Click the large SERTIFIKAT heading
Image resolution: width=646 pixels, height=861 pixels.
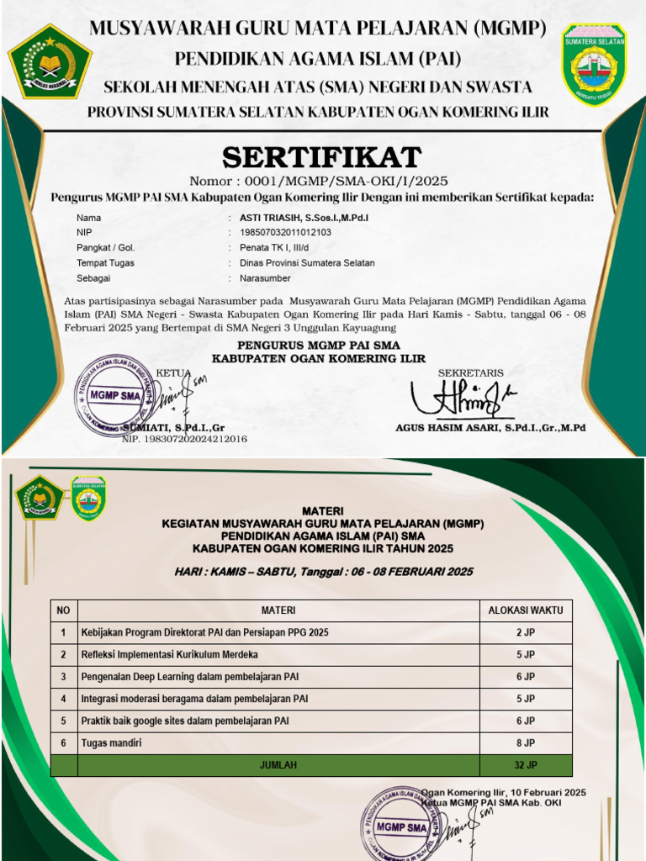click(321, 157)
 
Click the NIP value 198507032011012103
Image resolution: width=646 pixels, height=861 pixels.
click(285, 233)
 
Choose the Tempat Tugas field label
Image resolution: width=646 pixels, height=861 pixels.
click(105, 263)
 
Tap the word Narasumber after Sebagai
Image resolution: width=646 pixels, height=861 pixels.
click(265, 278)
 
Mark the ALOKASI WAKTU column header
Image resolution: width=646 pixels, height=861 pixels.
click(526, 610)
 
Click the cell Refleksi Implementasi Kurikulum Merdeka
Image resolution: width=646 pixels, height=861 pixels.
click(170, 654)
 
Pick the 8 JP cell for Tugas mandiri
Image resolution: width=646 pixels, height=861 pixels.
click(526, 743)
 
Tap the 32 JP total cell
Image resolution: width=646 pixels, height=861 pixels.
click(526, 765)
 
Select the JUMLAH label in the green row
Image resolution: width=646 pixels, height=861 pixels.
click(278, 765)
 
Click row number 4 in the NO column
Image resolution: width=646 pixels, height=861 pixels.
click(63, 699)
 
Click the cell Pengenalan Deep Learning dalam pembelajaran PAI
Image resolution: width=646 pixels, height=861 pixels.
click(189, 677)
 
